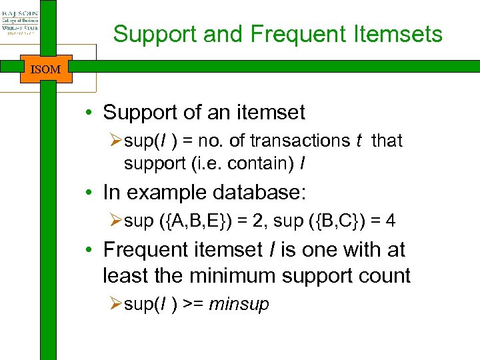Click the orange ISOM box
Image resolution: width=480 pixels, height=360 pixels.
coord(46,69)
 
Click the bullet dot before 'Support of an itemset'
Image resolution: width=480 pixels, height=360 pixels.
coord(89,113)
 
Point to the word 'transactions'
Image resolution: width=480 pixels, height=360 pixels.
coord(303,141)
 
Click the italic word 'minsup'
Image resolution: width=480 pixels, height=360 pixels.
coord(239,305)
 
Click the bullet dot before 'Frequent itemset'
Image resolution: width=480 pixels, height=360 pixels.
coord(89,251)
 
